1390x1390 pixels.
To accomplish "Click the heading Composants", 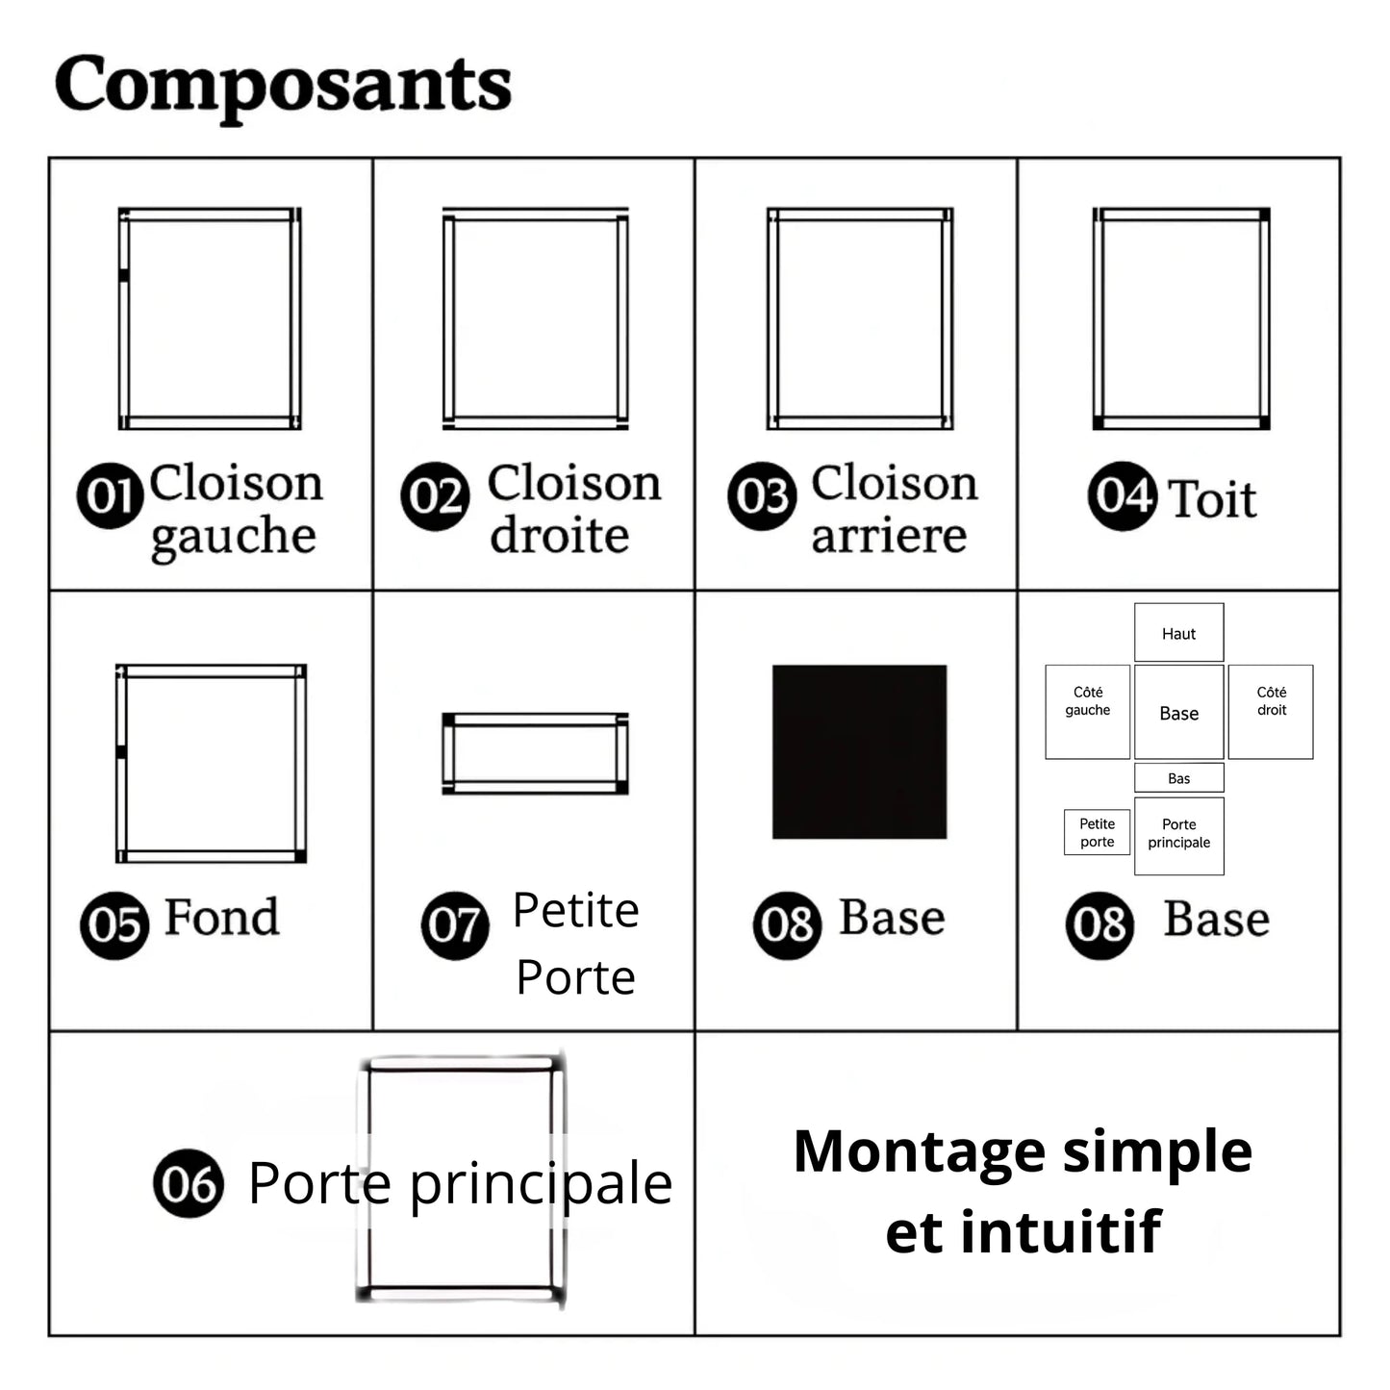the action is pos(283,87).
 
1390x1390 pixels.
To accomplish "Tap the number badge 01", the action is pos(110,495).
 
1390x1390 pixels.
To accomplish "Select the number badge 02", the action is pos(435,496).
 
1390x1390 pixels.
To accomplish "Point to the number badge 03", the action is pos(762,496).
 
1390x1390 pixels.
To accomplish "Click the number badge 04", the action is pos(1123,496).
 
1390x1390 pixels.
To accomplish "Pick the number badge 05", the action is pos(114,925).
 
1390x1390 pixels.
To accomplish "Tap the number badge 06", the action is pos(189,1183).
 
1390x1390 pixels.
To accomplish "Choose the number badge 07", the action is pos(455,925).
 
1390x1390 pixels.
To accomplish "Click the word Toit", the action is pos(1213,498).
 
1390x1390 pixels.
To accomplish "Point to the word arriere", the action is pos(889,536).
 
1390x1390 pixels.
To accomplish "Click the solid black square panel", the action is pos(859,751).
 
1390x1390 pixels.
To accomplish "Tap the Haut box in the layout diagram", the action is pos(1178,633).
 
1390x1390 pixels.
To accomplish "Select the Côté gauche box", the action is pos(1088,711).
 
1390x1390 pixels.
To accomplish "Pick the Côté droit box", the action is pos(1271,711).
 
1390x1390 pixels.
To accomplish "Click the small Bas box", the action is pos(1178,777).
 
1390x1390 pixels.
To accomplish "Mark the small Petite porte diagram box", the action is pos(1098,832).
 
